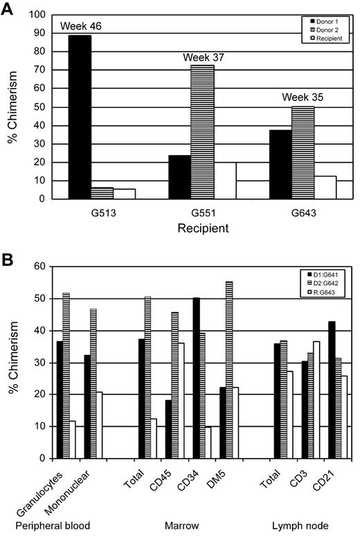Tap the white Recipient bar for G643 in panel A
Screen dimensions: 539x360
coord(325,187)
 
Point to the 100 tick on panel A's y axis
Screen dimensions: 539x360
coord(33,15)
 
